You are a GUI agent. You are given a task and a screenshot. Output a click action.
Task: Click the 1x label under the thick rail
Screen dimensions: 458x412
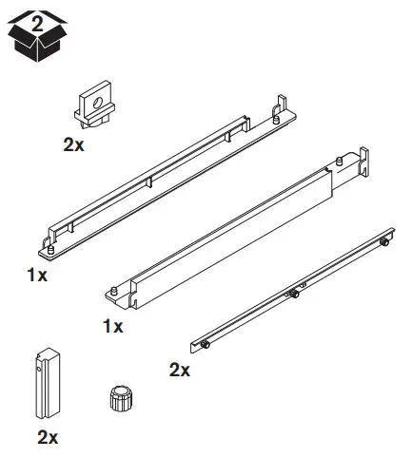click(112, 327)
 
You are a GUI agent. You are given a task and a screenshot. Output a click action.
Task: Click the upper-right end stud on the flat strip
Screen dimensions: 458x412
click(383, 241)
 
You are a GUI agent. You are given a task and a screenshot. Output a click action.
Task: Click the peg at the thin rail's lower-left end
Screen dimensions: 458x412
click(50, 250)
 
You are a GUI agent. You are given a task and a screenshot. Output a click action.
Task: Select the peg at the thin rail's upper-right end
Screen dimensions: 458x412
click(274, 119)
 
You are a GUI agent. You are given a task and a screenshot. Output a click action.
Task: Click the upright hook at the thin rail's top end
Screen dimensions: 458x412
click(282, 104)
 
